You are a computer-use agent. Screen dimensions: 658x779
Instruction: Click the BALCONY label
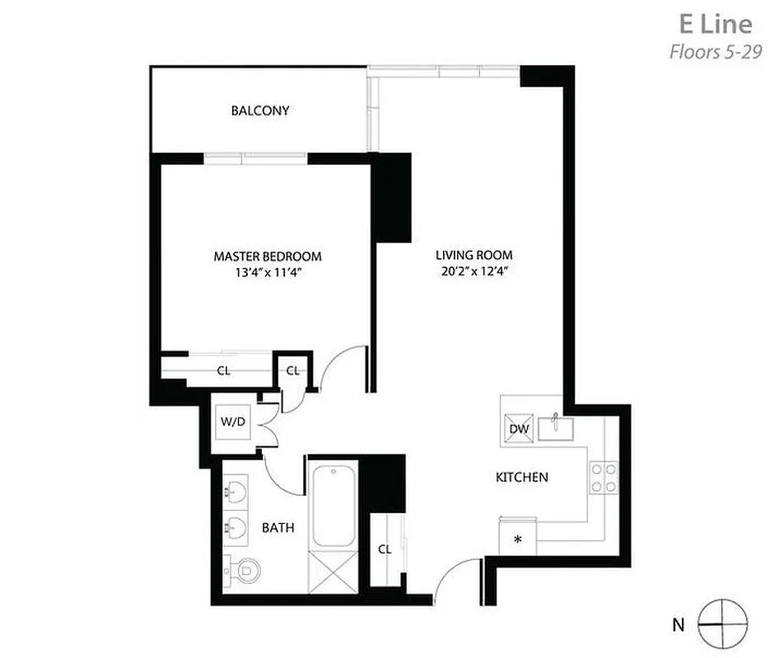tap(259, 110)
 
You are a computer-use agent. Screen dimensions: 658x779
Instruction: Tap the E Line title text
tap(714, 23)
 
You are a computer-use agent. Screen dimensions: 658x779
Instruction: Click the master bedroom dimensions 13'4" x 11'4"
tap(267, 272)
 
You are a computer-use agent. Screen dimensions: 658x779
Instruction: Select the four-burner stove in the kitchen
tap(603, 478)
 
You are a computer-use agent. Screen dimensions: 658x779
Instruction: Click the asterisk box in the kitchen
tap(518, 540)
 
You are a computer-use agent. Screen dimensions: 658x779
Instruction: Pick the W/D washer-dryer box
tap(233, 422)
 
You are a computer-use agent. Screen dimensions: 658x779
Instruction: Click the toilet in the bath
tap(241, 568)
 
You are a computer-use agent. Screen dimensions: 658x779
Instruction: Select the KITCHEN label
tap(521, 477)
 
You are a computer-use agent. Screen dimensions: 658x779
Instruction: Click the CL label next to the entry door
tap(385, 549)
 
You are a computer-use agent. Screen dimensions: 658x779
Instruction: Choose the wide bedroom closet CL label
tap(223, 371)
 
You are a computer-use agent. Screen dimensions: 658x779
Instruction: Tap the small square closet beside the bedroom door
tap(293, 370)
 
